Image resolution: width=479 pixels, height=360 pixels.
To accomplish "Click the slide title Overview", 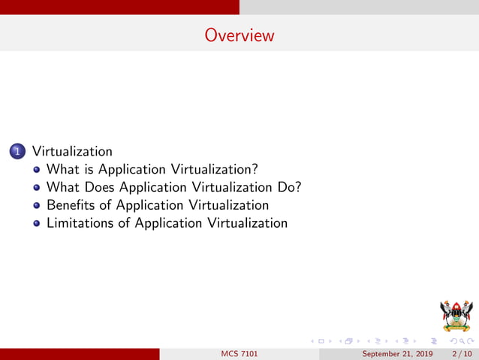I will pos(239,35).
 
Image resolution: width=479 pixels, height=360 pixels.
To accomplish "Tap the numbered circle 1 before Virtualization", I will pos(17,151).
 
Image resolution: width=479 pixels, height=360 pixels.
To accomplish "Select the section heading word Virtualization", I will pos(72,151).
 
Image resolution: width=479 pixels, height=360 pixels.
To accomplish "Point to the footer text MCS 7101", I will pos(239,354).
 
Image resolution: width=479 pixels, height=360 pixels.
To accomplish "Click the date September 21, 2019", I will pos(398,354).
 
